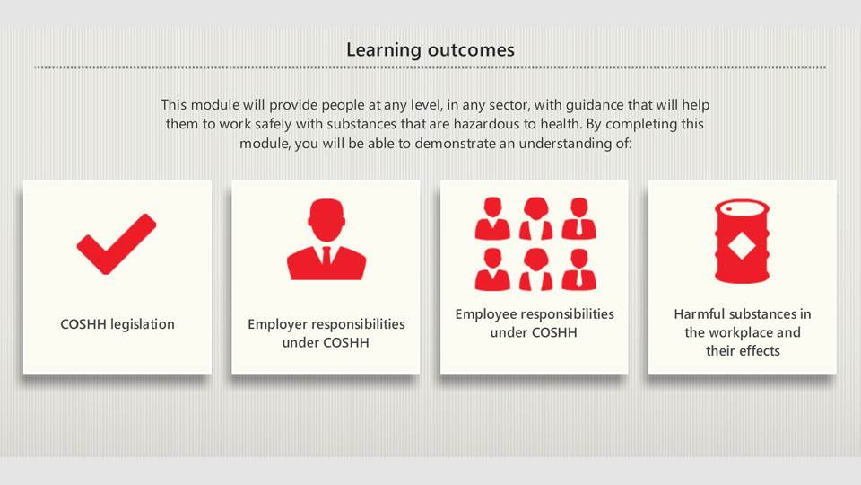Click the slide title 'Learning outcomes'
[x=430, y=50]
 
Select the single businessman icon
[x=326, y=240]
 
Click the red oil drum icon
[x=742, y=241]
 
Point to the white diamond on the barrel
[x=742, y=245]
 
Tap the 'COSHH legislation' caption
[x=117, y=324]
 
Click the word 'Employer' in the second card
[x=276, y=324]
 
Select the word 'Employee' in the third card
[x=484, y=314]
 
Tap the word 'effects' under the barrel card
[x=760, y=351]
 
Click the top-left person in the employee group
[x=492, y=218]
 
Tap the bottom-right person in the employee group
[x=578, y=269]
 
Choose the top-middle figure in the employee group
[x=536, y=218]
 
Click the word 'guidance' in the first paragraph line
[x=595, y=105]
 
